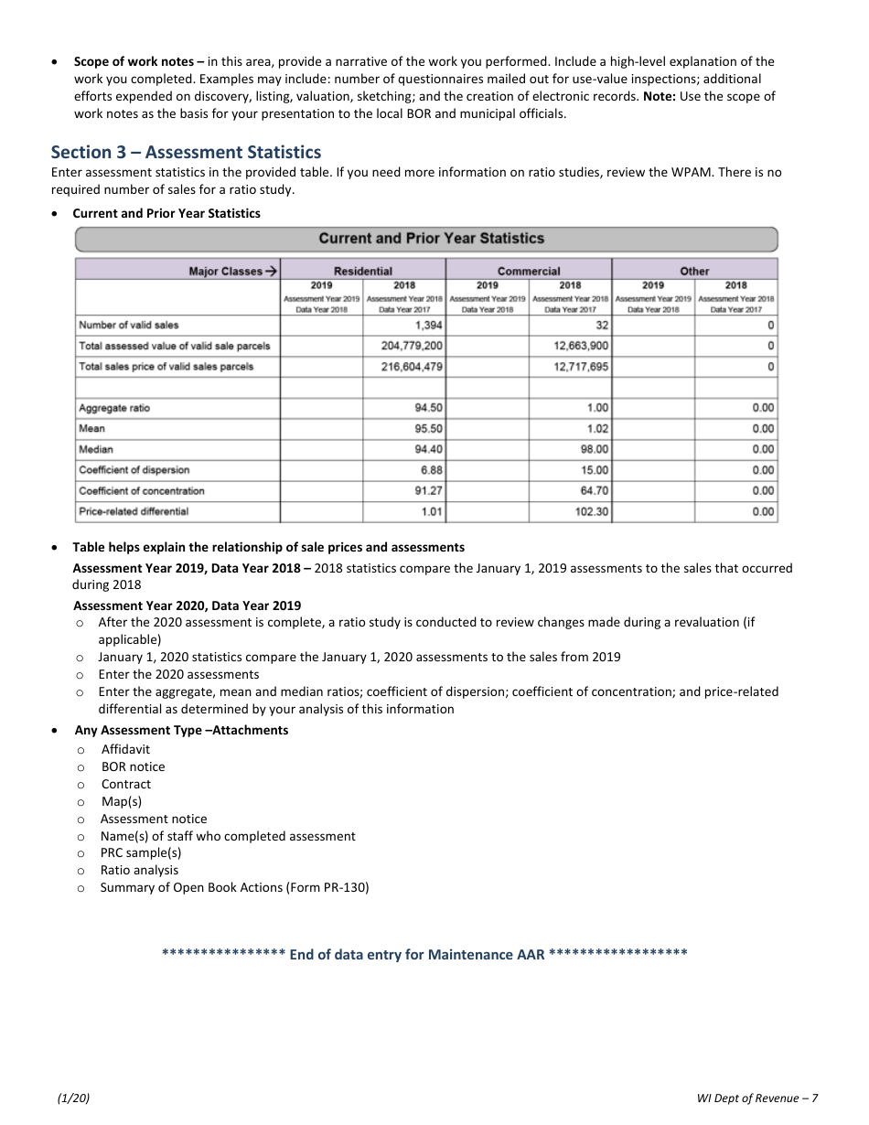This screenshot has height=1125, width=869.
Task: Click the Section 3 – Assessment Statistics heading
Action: click(x=186, y=152)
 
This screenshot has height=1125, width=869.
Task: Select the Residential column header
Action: click(x=363, y=271)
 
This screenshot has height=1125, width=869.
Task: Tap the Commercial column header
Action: click(x=529, y=271)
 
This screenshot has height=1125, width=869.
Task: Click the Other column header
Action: click(x=694, y=271)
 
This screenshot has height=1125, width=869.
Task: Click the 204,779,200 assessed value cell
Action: click(x=412, y=346)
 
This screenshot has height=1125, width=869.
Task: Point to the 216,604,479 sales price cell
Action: click(x=412, y=367)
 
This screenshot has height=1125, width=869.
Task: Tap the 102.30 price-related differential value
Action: click(x=591, y=512)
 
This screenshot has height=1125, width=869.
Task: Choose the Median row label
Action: click(x=92, y=449)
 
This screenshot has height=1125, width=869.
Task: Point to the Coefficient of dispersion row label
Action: click(x=134, y=470)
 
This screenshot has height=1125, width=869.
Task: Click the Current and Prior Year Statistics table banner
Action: click(x=431, y=239)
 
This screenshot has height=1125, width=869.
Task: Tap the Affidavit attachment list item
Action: click(x=125, y=749)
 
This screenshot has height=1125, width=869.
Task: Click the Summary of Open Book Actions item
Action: click(x=234, y=887)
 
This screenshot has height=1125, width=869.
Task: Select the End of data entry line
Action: click(x=424, y=955)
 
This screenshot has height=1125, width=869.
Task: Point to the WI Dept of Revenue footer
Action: click(x=756, y=1098)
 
